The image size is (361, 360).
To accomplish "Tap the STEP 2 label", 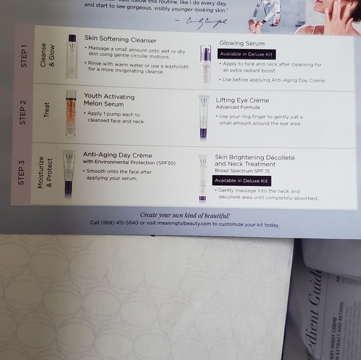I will tap(22, 112).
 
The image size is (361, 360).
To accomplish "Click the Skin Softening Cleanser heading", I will tap(120, 40).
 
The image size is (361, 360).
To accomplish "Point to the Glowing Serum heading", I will tap(242, 44).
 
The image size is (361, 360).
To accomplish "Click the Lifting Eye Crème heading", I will tap(242, 100).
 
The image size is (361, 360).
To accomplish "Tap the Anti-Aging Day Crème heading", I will tap(117, 155).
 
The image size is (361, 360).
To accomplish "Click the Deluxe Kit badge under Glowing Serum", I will tap(246, 54).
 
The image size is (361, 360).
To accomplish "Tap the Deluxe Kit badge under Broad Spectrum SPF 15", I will tap(241, 180).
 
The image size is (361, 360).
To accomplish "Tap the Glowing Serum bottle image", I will tap(205, 63).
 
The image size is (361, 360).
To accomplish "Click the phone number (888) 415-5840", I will tap(123, 224).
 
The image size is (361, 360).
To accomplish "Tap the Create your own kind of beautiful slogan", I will tap(185, 215).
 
